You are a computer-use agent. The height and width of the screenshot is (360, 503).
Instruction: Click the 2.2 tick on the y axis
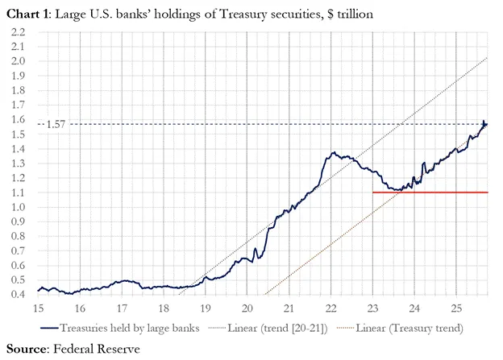point(19,31)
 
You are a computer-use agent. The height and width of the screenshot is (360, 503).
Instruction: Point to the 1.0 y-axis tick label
point(19,207)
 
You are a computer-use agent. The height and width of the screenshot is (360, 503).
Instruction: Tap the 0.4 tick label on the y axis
point(19,295)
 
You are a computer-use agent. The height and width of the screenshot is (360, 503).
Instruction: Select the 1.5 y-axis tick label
point(19,134)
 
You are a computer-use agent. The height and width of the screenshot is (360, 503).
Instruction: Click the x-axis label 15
point(38,308)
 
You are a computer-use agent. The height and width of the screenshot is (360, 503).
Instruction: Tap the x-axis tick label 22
point(330,308)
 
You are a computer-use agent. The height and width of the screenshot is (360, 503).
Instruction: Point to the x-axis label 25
point(455,308)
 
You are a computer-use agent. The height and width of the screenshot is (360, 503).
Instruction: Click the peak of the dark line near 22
point(331,151)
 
